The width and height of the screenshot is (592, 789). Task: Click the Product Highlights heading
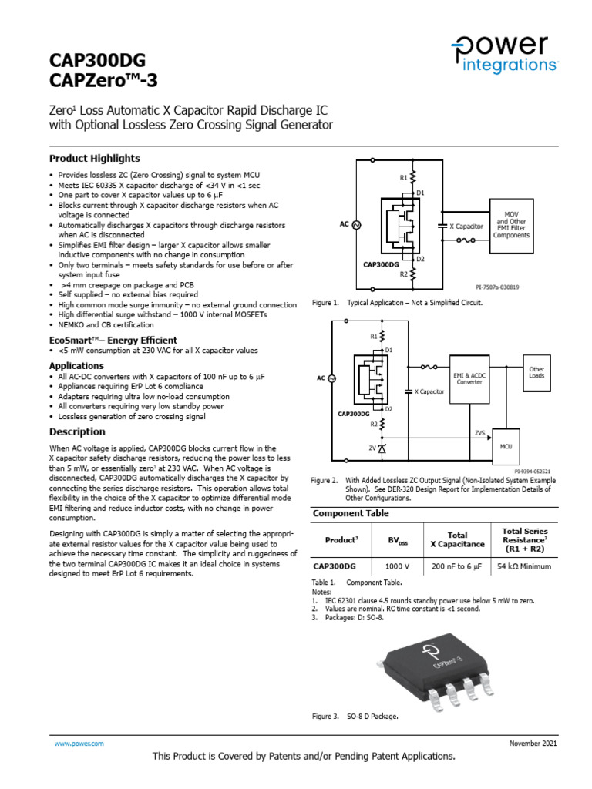coord(95,158)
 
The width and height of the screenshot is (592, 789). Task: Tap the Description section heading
coord(77,431)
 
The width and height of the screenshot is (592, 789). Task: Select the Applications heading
coord(76,365)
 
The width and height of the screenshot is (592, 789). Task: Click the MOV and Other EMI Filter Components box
coord(511,224)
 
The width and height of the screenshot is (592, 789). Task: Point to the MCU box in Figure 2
coord(506,446)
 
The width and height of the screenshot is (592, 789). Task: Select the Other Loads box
coord(536,372)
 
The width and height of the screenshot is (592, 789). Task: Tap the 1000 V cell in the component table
coord(398,567)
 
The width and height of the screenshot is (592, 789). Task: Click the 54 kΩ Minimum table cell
coord(524,567)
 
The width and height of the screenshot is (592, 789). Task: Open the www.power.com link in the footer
coord(79,743)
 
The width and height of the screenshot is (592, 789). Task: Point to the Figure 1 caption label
coord(325,304)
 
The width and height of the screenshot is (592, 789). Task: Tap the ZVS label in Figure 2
coord(479,433)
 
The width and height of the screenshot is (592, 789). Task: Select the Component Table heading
coord(350,513)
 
